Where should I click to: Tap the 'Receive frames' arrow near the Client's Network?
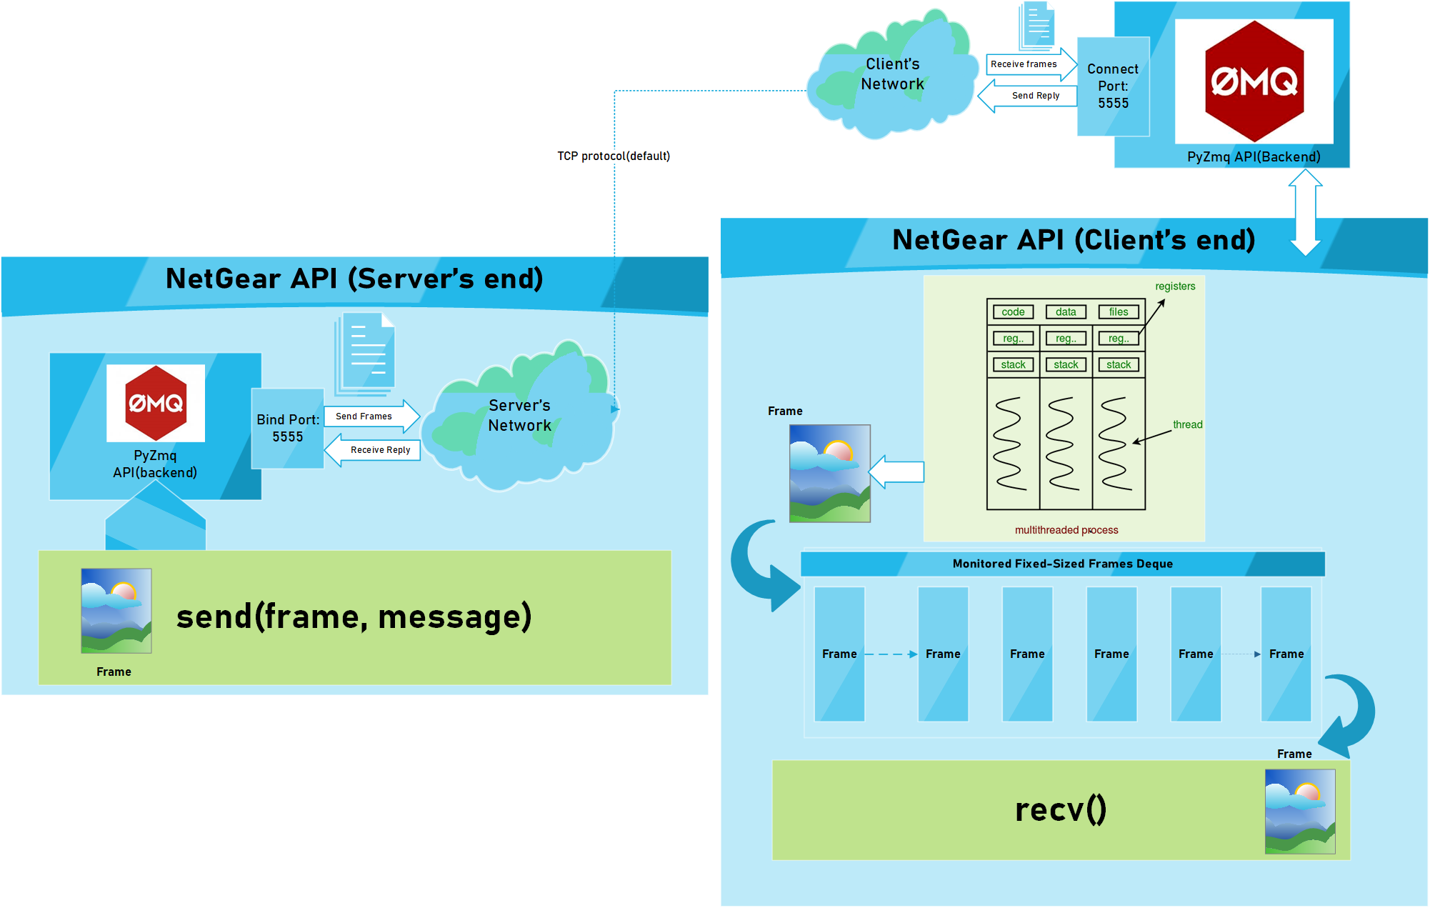point(1029,64)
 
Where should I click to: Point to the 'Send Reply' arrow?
point(1029,96)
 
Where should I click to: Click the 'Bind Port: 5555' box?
point(288,429)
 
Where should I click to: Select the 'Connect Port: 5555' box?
point(1113,86)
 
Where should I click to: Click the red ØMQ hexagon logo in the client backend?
point(1254,81)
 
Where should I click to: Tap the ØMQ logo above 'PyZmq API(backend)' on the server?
point(156,403)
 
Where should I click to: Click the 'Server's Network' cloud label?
point(519,416)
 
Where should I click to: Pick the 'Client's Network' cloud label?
point(892,74)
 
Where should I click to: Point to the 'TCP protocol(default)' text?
point(614,156)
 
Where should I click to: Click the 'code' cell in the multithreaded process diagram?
point(1013,312)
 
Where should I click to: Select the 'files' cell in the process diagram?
point(1119,312)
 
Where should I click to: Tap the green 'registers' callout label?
point(1175,286)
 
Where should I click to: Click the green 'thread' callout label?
point(1187,425)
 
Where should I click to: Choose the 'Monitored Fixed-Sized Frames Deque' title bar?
point(1062,564)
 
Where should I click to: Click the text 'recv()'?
point(1061,810)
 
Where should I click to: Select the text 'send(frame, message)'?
point(354,617)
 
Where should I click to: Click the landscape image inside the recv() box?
point(1300,812)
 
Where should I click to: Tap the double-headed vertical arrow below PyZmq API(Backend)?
point(1305,212)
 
